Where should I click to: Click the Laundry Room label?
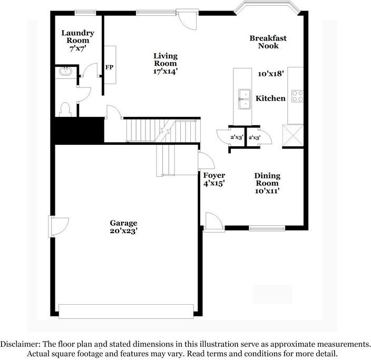tap(77, 36)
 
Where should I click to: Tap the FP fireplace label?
tap(110, 67)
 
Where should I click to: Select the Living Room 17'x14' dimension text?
tap(165, 71)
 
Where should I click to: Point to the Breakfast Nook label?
tap(268, 42)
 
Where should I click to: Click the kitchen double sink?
tap(245, 98)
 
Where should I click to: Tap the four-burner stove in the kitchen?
tap(297, 96)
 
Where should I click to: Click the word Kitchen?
tap(270, 98)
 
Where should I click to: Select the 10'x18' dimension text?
tap(271, 74)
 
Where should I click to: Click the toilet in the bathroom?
tap(66, 109)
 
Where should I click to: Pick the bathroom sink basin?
tap(65, 72)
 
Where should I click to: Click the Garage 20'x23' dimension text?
tap(124, 231)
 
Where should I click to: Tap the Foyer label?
tap(214, 175)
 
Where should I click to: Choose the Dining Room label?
tap(267, 179)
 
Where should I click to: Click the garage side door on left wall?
tap(55, 226)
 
